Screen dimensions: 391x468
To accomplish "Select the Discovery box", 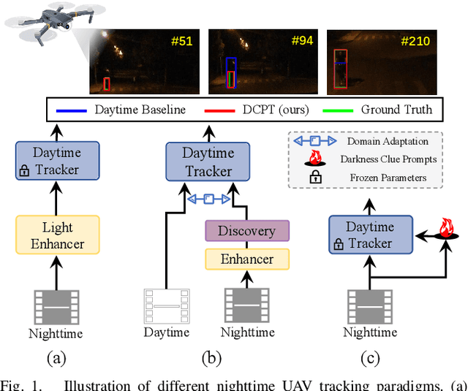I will tap(246, 231).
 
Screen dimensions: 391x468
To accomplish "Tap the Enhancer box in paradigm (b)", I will tap(246, 259).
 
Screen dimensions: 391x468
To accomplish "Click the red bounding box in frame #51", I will tap(107, 83).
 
